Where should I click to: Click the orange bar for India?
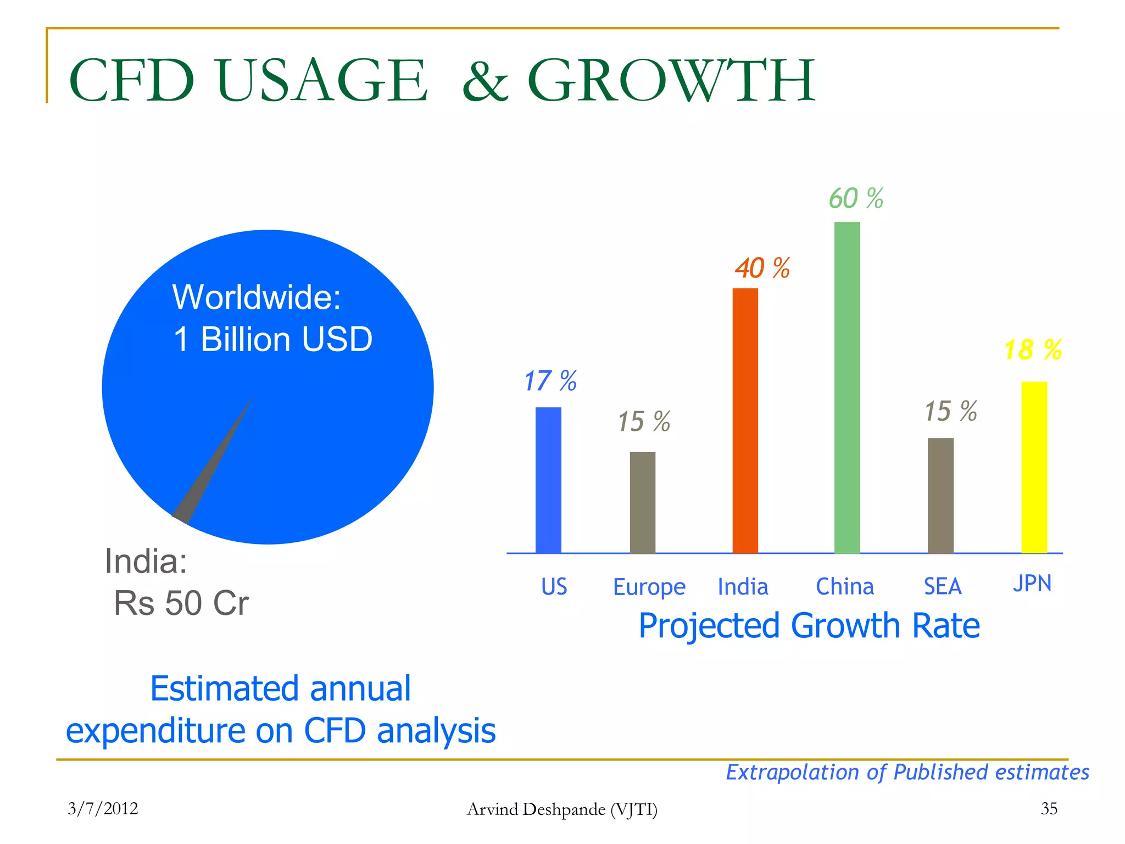click(745, 420)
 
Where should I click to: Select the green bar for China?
click(846, 387)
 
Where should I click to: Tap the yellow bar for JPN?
click(1034, 467)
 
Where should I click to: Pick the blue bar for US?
click(548, 480)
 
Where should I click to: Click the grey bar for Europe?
click(642, 502)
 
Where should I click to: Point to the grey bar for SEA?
click(940, 495)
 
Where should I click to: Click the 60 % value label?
click(855, 198)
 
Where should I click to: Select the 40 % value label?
click(762, 268)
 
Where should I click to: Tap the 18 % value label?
click(1032, 350)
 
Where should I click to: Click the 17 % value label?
click(550, 381)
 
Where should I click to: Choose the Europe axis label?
click(649, 587)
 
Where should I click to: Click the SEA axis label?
click(942, 586)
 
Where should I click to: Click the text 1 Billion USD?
click(273, 339)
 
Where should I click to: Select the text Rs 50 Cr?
click(181, 603)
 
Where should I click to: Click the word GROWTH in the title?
click(671, 81)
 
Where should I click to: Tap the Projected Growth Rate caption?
click(809, 625)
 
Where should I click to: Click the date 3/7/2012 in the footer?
click(103, 808)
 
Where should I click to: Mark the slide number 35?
click(1049, 808)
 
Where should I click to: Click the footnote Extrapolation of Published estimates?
click(907, 772)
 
